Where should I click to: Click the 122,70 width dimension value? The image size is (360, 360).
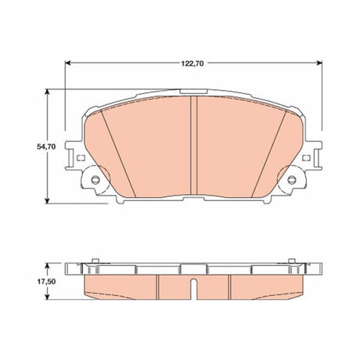(193, 63)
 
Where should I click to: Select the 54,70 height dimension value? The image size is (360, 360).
(46, 146)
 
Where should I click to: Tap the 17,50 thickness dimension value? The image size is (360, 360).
(46, 282)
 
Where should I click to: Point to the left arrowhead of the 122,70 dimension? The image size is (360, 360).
(68, 63)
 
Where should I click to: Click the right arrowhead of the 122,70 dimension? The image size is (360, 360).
(319, 63)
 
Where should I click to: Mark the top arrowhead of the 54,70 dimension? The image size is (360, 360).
(47, 92)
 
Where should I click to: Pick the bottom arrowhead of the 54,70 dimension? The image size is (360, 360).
(47, 200)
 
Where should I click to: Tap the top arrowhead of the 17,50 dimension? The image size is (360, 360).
(47, 266)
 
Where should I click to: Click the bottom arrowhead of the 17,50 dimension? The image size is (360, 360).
(47, 297)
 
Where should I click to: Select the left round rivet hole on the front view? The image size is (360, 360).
(95, 179)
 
